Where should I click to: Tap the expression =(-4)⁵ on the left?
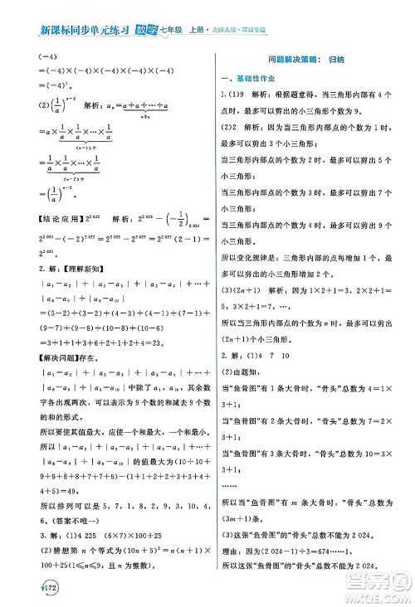pyautogui.click(x=51, y=85)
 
